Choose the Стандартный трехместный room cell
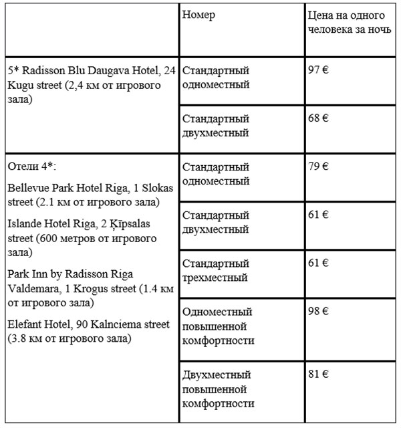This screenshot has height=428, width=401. pyautogui.click(x=216, y=270)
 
